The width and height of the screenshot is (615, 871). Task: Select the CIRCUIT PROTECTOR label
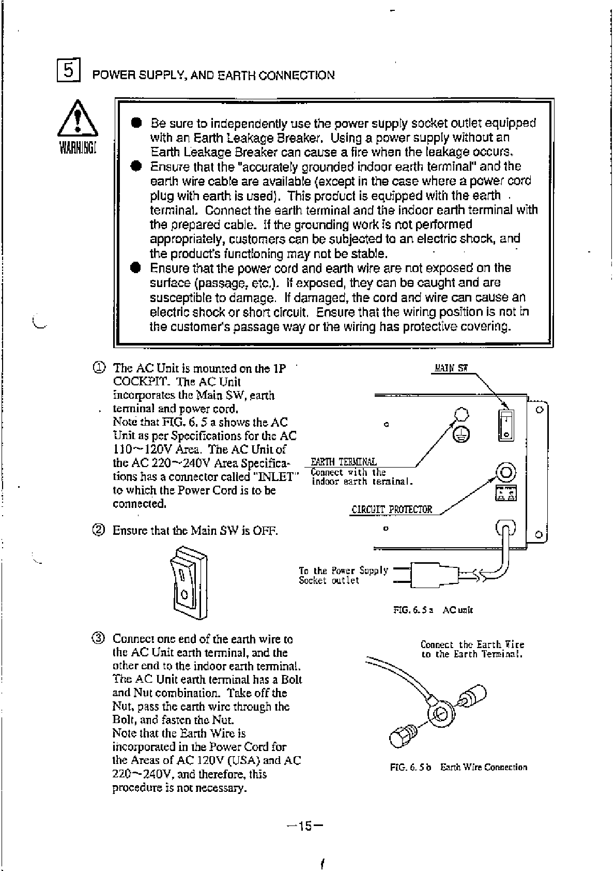tap(391, 509)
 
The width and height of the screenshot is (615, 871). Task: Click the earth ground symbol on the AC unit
tap(462, 434)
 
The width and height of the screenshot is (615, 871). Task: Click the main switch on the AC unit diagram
tap(506, 425)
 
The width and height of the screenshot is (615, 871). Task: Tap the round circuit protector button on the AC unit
tap(506, 471)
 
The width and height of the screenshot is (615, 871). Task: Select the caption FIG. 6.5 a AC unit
tap(433, 610)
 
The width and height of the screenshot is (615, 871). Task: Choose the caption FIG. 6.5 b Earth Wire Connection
tap(458, 767)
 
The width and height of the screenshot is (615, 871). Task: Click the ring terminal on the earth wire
tap(440, 715)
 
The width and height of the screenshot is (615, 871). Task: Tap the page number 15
tap(305, 826)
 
